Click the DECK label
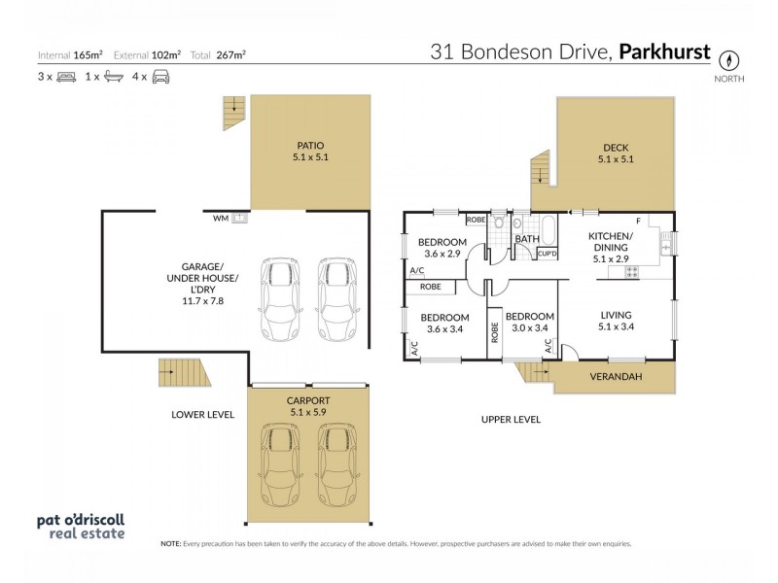[616, 148]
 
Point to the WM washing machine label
[221, 219]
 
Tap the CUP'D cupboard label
[547, 254]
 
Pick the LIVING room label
[616, 315]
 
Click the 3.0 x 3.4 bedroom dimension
[530, 328]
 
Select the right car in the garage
[337, 297]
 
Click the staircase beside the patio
[233, 113]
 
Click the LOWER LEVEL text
[202, 414]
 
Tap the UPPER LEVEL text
[511, 419]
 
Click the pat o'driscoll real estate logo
[81, 526]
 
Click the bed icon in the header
[66, 76]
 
